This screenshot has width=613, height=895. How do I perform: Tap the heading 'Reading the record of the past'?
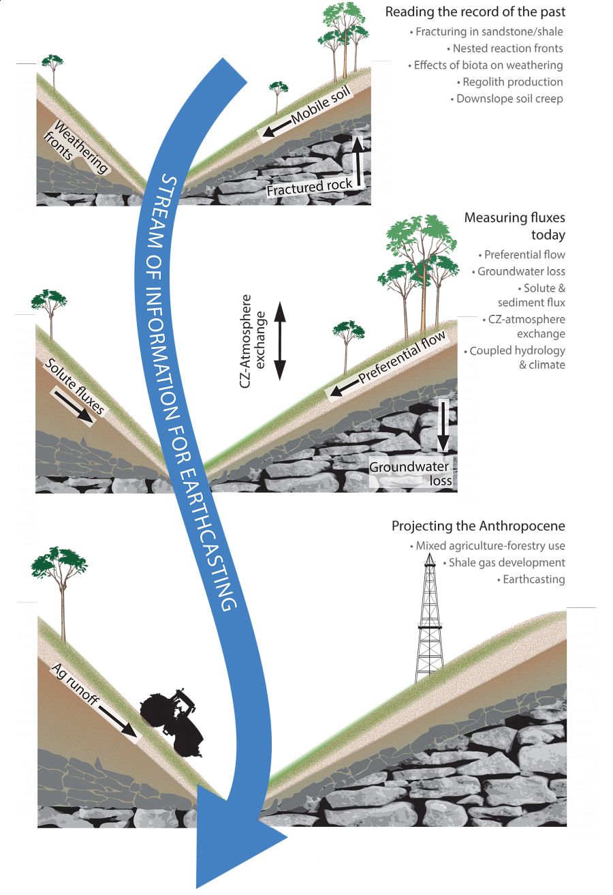pyautogui.click(x=475, y=12)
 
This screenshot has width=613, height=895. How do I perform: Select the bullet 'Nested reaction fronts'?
pyautogui.click(x=505, y=48)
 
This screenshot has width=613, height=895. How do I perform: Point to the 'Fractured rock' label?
pyautogui.click(x=309, y=187)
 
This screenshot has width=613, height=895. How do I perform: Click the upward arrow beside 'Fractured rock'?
pyautogui.click(x=358, y=162)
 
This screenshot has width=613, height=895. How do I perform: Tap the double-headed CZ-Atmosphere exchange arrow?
pyautogui.click(x=279, y=341)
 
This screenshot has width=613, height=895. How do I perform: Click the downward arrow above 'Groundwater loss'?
pyautogui.click(x=443, y=426)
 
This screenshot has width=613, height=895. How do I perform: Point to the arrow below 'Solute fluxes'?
pyautogui.click(x=74, y=406)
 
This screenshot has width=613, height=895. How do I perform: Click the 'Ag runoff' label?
pyautogui.click(x=75, y=684)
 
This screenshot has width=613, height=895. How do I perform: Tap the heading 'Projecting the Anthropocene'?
pyautogui.click(x=478, y=526)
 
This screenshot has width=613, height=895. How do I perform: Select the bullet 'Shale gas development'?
pyautogui.click(x=504, y=562)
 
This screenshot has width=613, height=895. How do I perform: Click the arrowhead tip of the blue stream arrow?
pyautogui.click(x=198, y=888)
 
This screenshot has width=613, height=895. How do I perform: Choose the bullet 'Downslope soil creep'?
pyautogui.click(x=507, y=99)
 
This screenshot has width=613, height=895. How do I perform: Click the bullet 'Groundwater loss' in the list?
pyautogui.click(x=518, y=272)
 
